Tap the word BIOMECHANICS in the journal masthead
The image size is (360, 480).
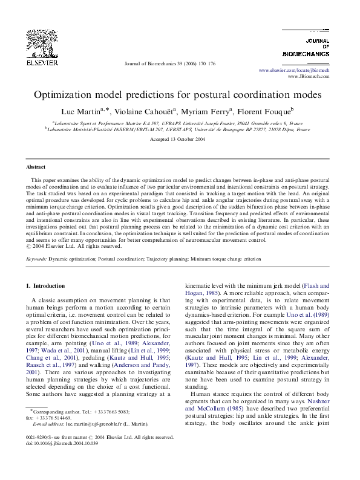[x=306, y=54]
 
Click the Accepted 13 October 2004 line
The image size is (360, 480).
[x=180, y=139]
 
